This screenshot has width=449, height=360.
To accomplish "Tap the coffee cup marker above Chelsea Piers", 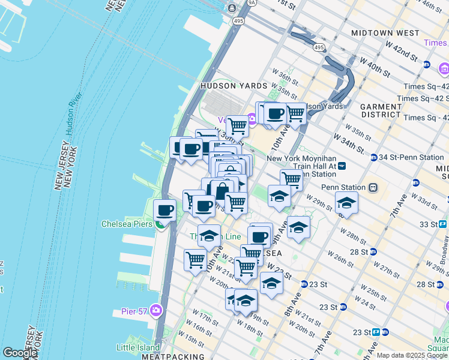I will click(x=164, y=211).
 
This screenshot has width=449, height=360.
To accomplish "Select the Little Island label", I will click(x=138, y=347).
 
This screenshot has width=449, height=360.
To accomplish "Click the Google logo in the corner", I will click(x=20, y=353).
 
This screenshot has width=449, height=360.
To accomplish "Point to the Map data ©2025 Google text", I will click(x=412, y=355).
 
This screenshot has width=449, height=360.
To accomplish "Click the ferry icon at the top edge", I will click(x=231, y=8).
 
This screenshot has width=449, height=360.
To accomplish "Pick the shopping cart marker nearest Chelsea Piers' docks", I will click(x=195, y=260).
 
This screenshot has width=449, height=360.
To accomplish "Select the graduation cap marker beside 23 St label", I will click(x=271, y=283).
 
